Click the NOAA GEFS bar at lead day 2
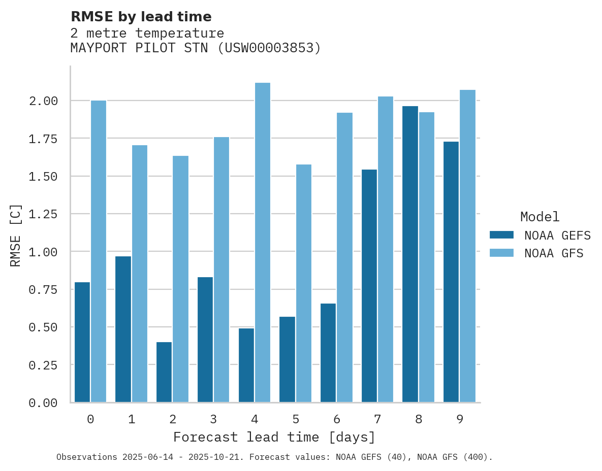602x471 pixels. tap(164, 372)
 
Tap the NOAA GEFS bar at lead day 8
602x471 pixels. tap(410, 254)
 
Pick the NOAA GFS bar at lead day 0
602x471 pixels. tap(99, 251)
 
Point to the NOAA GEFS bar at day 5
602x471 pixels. tap(287, 359)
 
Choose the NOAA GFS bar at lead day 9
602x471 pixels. tap(467, 246)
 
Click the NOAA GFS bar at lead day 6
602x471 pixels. tap(344, 257)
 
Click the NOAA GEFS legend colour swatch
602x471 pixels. tap(501, 235)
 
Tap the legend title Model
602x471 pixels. tap(540, 217)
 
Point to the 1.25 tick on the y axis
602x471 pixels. tap(43, 214)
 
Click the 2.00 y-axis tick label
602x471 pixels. tap(43, 101)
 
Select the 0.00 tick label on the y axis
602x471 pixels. tap(43, 402)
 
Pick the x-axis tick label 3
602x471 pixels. tap(213, 419)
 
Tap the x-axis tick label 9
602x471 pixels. tap(459, 419)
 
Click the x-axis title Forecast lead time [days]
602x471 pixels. tap(274, 437)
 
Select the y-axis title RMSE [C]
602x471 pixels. tap(16, 235)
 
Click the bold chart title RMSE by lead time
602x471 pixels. tap(141, 17)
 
